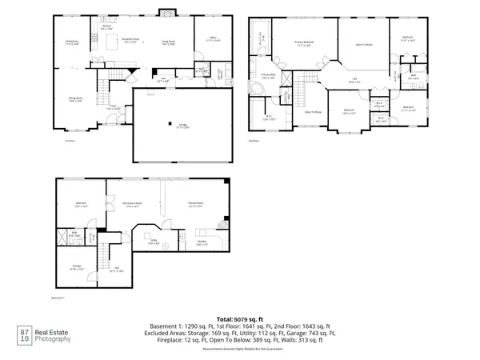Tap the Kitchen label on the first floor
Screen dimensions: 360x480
(105, 26)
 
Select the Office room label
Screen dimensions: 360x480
(214, 38)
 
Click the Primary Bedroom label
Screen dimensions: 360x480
(305, 45)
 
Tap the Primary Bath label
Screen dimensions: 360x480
(267, 74)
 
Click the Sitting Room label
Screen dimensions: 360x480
(76, 100)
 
